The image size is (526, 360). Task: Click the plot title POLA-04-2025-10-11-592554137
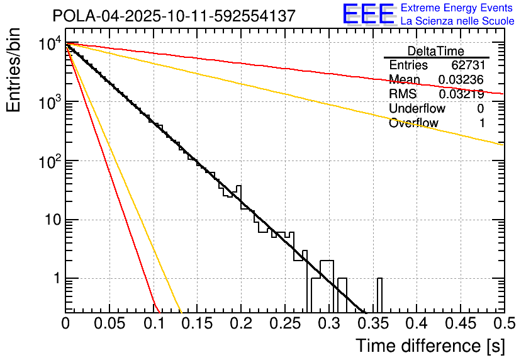(174, 16)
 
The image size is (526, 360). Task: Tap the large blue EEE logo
(368, 15)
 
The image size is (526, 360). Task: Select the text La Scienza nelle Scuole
(457, 21)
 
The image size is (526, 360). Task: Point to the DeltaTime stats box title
(435, 51)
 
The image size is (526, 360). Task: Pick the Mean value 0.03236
(461, 80)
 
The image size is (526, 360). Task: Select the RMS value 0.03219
(461, 94)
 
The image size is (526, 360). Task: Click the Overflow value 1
(482, 123)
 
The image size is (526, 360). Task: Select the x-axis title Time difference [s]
(430, 346)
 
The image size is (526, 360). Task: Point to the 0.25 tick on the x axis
(284, 323)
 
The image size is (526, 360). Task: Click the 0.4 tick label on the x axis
(416, 323)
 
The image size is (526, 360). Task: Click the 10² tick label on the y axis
(47, 160)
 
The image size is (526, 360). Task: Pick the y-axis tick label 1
(55, 278)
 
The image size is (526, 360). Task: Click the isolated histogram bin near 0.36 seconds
(379, 295)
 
